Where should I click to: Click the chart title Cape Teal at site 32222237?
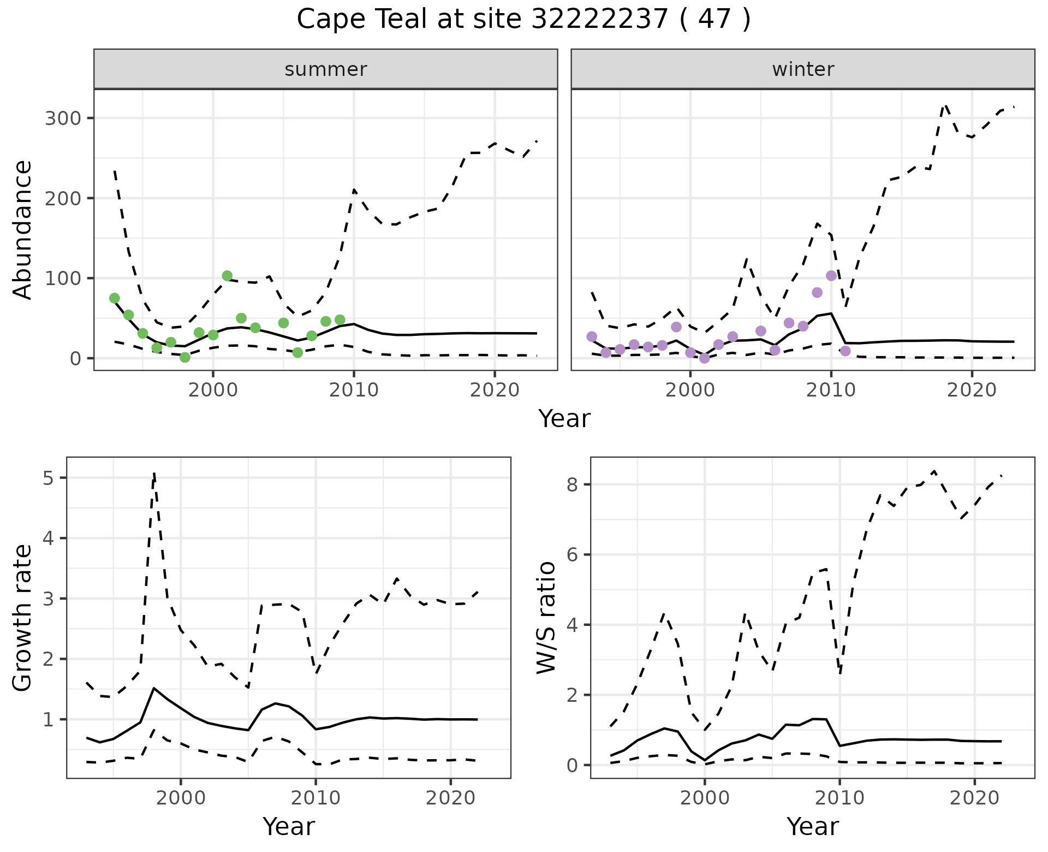(x=523, y=20)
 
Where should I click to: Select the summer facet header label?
(x=326, y=69)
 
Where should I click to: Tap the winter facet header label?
(x=803, y=69)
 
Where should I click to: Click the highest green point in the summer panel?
(x=227, y=276)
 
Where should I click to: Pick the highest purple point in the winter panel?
(x=831, y=276)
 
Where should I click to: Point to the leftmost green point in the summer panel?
(x=115, y=298)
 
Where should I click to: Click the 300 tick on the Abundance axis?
(x=62, y=119)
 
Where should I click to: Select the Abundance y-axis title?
(x=23, y=229)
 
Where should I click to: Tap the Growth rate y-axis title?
(x=23, y=618)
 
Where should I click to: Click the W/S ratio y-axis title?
(x=546, y=618)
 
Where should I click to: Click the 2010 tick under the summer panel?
(x=354, y=390)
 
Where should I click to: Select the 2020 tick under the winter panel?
(x=972, y=390)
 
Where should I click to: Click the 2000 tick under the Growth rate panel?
(x=181, y=798)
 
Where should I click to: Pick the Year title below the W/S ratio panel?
(x=812, y=827)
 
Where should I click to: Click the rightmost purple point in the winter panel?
(x=845, y=351)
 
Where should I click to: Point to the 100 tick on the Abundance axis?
(x=62, y=279)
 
